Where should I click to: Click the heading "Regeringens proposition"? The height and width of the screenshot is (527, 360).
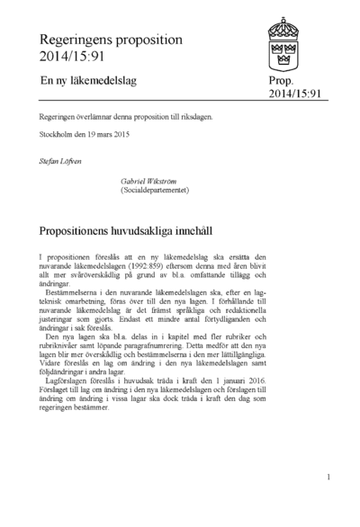point(111,40)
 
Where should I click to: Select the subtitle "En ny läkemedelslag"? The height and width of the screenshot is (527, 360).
point(91,81)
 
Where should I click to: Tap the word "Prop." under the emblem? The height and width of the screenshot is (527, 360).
point(282,81)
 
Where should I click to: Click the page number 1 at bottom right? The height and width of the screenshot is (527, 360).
point(329,477)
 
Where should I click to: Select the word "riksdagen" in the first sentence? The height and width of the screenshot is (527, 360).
point(198,118)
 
